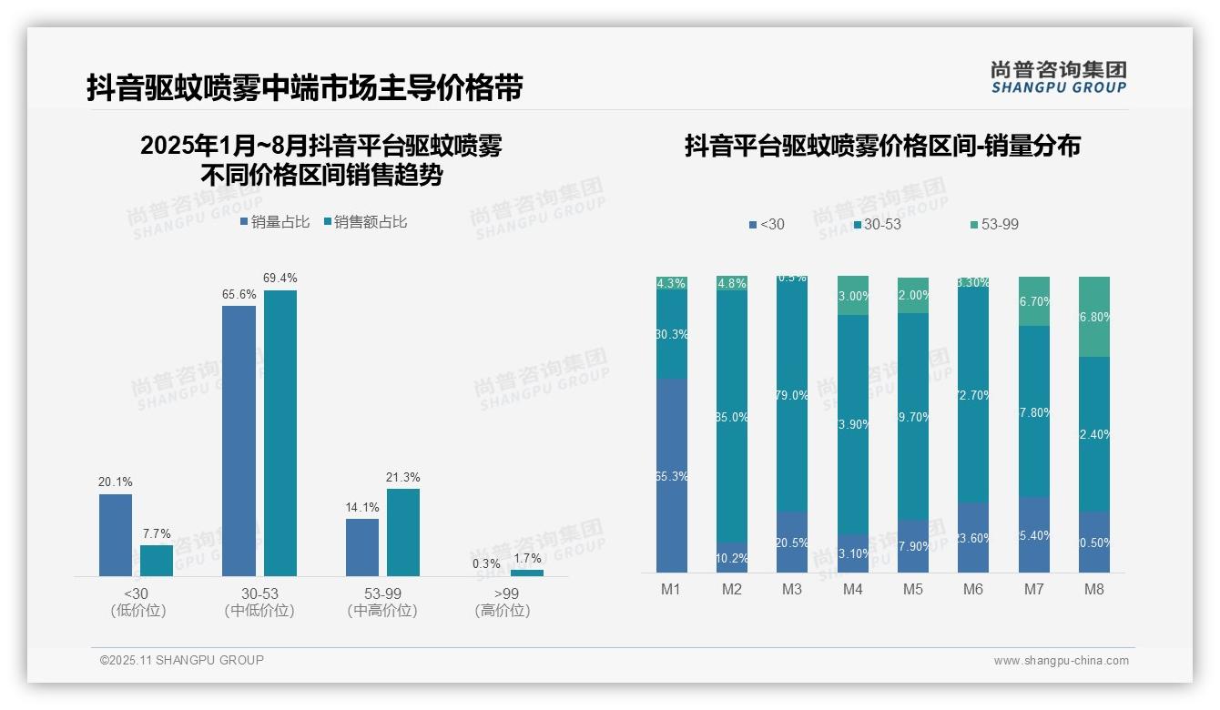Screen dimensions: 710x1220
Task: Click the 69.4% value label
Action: point(280,278)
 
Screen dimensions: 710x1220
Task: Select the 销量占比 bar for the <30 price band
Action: point(116,534)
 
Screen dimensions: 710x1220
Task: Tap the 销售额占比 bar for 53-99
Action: point(403,532)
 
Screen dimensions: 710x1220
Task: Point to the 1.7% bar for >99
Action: point(526,573)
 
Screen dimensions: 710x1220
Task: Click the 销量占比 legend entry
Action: point(275,222)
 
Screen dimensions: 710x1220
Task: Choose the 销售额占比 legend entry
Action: point(366,222)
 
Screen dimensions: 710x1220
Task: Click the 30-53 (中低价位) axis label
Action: point(259,602)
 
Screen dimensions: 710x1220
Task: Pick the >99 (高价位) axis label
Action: point(502,602)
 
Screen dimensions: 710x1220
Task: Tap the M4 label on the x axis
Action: point(852,589)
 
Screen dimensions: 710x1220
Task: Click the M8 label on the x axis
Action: point(1094,589)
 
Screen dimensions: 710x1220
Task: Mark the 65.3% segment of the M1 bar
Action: point(671,475)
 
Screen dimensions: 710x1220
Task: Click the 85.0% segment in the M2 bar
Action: point(732,417)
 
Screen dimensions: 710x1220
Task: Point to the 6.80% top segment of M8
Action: point(1094,317)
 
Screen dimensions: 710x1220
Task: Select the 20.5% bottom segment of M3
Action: point(792,542)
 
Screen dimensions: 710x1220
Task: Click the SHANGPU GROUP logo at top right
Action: point(1058,77)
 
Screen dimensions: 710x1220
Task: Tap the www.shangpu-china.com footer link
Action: point(1061,661)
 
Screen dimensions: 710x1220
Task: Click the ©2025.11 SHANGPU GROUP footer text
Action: point(182,660)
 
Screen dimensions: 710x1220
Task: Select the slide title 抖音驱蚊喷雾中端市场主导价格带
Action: point(305,88)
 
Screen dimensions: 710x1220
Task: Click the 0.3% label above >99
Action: point(487,563)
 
